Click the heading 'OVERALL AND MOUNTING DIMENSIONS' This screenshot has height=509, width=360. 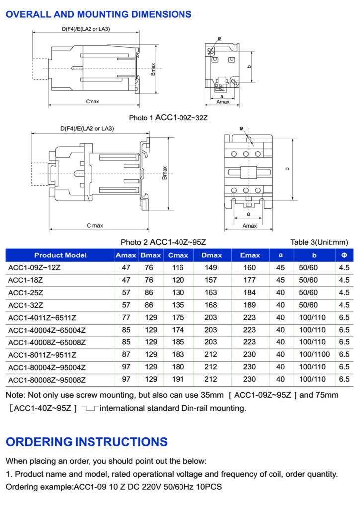98,14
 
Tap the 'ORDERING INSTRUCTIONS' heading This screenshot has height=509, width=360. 87,442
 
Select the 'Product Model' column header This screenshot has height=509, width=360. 60,255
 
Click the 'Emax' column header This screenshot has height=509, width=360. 250,255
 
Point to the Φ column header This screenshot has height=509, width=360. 344,255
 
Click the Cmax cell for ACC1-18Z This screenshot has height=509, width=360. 178,280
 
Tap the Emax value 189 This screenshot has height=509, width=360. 250,305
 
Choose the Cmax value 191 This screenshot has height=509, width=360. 178,380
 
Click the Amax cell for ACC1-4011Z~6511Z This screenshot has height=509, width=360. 126,317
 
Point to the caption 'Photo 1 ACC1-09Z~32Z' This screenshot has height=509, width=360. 168,118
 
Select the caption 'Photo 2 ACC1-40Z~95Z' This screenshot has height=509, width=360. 163,242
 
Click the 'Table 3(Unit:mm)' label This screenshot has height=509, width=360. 319,242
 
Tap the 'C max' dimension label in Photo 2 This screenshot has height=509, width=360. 94,225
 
